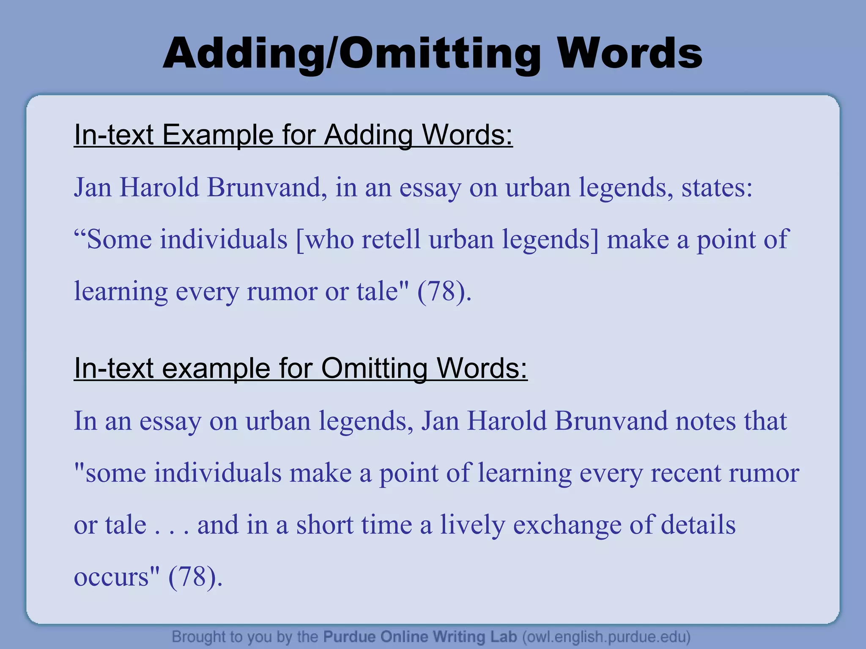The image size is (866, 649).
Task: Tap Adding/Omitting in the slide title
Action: click(351, 54)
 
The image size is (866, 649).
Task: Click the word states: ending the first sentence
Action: click(717, 187)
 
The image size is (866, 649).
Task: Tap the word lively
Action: click(473, 525)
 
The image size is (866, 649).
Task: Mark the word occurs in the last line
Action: click(112, 577)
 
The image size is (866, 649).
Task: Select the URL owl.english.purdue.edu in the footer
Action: click(607, 636)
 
